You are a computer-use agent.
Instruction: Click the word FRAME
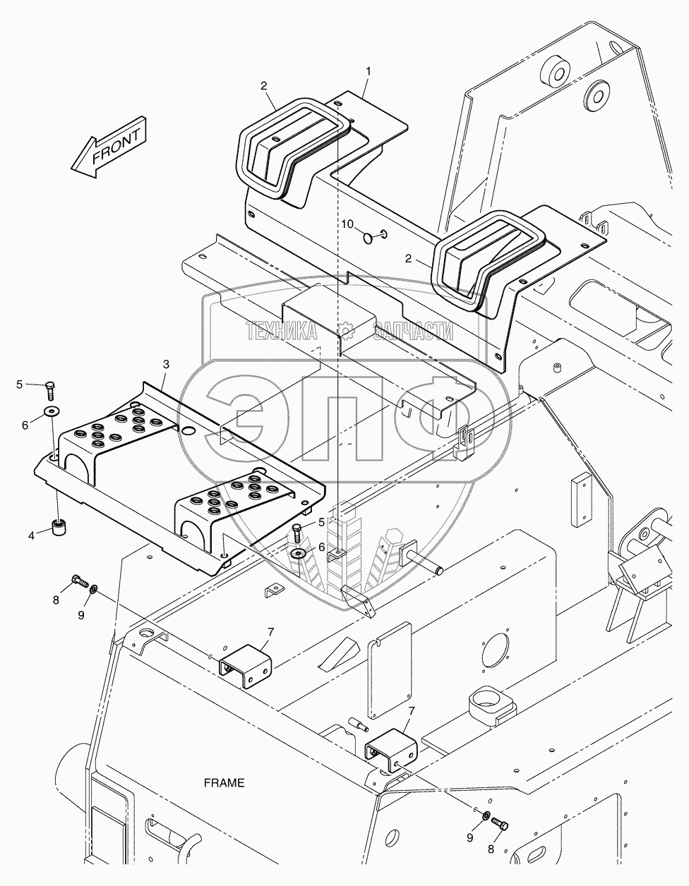click(x=224, y=783)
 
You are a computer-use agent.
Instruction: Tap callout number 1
click(x=369, y=72)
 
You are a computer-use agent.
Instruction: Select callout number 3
click(x=166, y=364)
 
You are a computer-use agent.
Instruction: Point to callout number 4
click(x=31, y=535)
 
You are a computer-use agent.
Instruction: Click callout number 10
click(x=347, y=224)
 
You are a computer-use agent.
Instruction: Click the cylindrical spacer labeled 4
click(x=59, y=528)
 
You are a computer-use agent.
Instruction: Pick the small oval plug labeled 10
click(x=368, y=238)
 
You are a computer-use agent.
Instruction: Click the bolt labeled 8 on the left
click(x=80, y=580)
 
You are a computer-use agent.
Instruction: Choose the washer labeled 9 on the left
click(x=93, y=588)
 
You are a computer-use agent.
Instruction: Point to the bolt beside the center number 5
click(x=297, y=533)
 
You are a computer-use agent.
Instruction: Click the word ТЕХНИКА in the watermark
click(x=282, y=330)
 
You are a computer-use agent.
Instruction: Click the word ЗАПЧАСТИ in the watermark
click(x=413, y=331)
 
